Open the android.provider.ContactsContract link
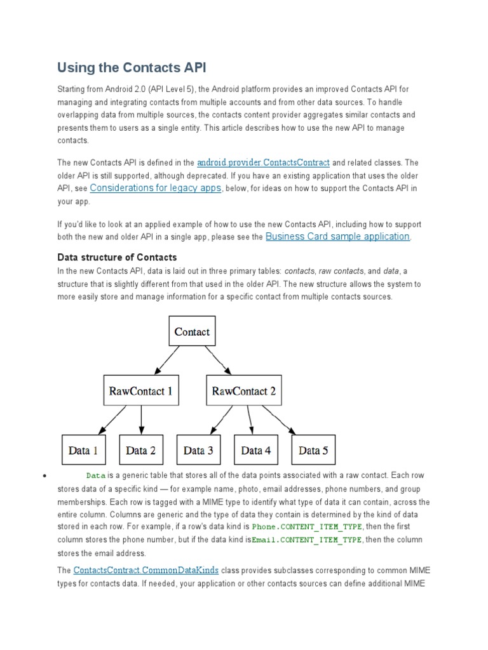[x=263, y=162]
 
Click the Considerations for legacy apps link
[x=156, y=188]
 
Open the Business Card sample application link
[x=337, y=236]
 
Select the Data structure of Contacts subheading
[x=117, y=257]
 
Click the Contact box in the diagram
[x=192, y=331]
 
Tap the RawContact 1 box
[x=140, y=391]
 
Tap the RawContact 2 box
[x=245, y=391]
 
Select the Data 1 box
[x=83, y=450]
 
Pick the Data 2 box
[x=140, y=450]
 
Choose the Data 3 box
[x=198, y=450]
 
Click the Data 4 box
[x=256, y=450]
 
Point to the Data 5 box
[x=313, y=450]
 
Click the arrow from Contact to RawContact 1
[x=166, y=361]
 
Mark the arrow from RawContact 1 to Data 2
[x=141, y=420]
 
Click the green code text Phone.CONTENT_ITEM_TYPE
[x=307, y=527]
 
